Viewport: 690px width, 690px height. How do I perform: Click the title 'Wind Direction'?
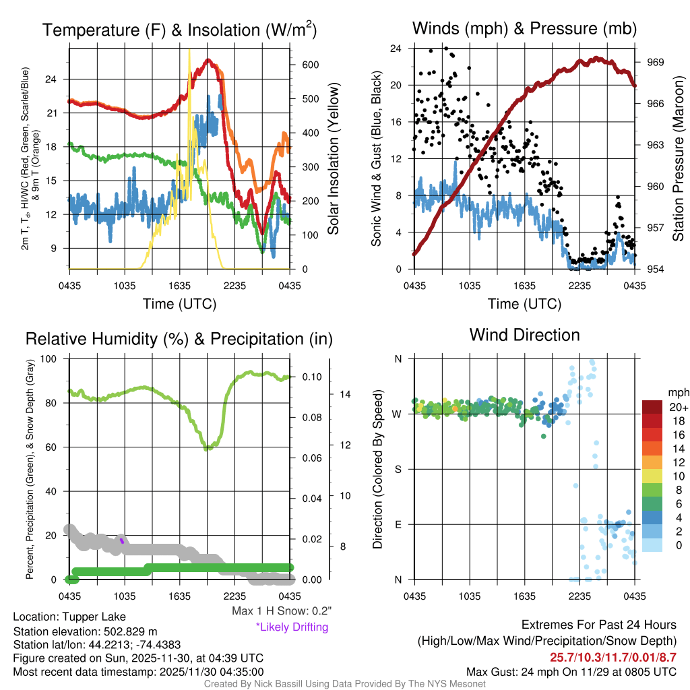pos(524,335)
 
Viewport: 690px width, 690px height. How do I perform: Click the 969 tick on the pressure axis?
pos(655,62)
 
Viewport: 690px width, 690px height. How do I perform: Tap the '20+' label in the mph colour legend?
pos(677,408)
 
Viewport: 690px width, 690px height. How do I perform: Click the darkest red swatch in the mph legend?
pos(653,407)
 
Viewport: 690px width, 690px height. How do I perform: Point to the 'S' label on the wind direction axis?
pos(398,469)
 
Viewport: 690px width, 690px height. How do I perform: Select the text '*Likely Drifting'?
pos(291,627)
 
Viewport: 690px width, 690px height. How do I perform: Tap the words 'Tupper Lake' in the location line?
pos(96,617)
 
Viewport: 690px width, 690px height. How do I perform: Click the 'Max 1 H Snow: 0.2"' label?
pos(281,611)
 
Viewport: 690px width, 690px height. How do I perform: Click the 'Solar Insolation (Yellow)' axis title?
pos(333,159)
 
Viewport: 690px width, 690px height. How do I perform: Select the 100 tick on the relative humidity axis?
pos(56,358)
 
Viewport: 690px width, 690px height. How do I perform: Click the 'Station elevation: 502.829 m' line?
pos(85,631)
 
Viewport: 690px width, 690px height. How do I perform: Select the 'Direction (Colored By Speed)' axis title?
pos(377,468)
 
